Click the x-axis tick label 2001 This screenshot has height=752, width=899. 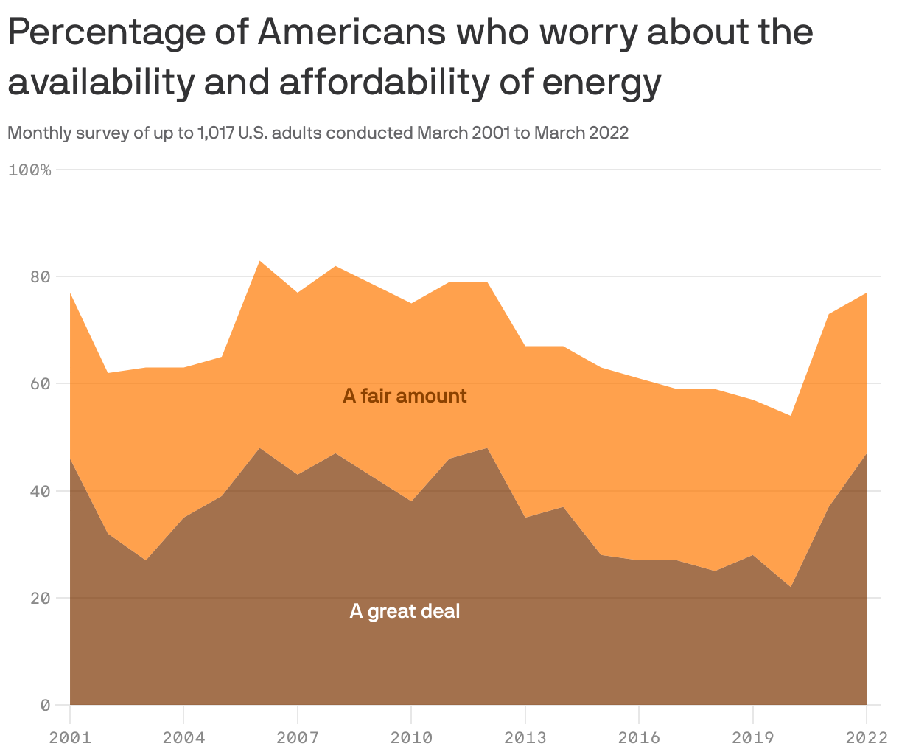pos(70,737)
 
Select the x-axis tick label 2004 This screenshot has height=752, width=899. pos(183,737)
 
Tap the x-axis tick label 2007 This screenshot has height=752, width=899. pos(297,737)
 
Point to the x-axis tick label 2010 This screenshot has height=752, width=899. pos(411,737)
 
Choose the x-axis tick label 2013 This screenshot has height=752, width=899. pos(525,737)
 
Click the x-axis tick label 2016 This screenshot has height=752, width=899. pos(639,737)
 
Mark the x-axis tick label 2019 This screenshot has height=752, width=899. pos(752,737)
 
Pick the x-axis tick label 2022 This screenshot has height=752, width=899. pos(866,737)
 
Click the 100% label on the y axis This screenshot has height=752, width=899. pos(29,170)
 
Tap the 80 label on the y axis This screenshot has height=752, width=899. pos(40,277)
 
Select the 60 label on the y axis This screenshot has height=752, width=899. pos(40,384)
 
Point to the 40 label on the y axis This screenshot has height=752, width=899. pos(40,491)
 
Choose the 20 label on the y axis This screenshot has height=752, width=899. pos(40,598)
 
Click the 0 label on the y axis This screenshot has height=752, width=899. pos(45,705)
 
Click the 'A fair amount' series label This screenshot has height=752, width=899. pos(405,396)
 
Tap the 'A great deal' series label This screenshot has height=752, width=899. pos(405,611)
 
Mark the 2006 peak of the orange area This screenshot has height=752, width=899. pos(259,261)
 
